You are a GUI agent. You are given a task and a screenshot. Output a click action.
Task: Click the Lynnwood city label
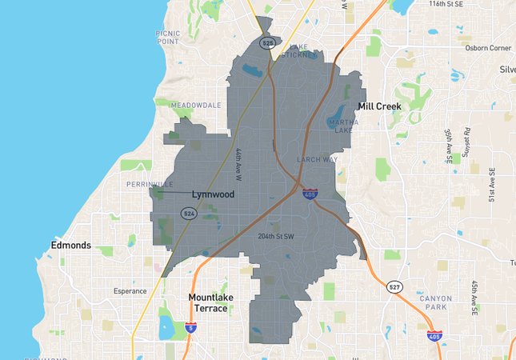pyautogui.click(x=212, y=194)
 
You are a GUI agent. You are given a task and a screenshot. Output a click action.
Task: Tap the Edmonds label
pyautogui.click(x=70, y=245)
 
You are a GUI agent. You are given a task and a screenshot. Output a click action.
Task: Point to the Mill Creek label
pyautogui.click(x=380, y=106)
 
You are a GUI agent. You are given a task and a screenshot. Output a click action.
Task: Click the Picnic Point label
pyautogui.click(x=168, y=37)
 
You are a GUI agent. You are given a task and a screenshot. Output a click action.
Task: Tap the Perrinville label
pyautogui.click(x=150, y=184)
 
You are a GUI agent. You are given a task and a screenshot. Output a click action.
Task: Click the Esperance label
pyautogui.click(x=130, y=291)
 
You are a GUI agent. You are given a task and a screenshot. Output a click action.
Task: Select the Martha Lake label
pyautogui.click(x=342, y=126)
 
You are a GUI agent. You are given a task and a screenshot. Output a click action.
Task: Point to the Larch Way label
pyautogui.click(x=317, y=159)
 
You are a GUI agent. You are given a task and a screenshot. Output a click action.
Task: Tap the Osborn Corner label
pyautogui.click(x=488, y=48)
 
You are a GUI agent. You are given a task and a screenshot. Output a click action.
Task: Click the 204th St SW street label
pyautogui.click(x=276, y=236)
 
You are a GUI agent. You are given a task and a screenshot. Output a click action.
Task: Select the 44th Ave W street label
pyautogui.click(x=238, y=163)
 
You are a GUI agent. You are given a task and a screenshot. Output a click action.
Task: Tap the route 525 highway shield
pyautogui.click(x=268, y=42)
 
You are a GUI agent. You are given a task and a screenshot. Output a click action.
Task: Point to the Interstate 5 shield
pyautogui.click(x=190, y=327)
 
